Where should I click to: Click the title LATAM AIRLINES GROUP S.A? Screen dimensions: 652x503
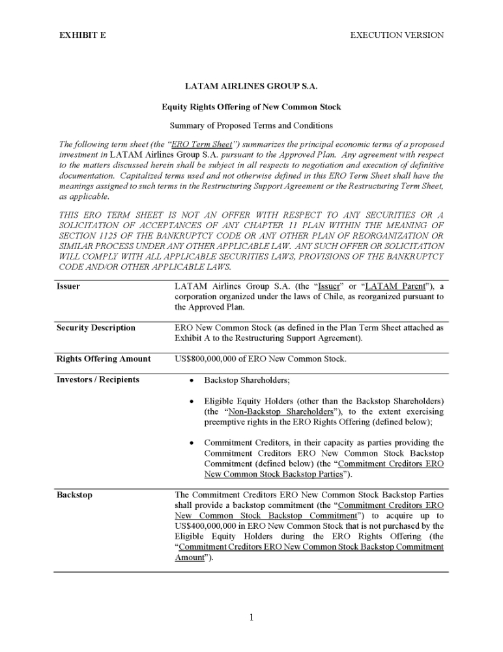pyautogui.click(x=251, y=86)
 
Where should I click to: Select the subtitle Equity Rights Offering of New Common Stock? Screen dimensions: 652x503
pyautogui.click(x=251, y=106)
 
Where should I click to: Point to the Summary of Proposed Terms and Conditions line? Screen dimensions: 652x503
pyautogui.click(x=251, y=125)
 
